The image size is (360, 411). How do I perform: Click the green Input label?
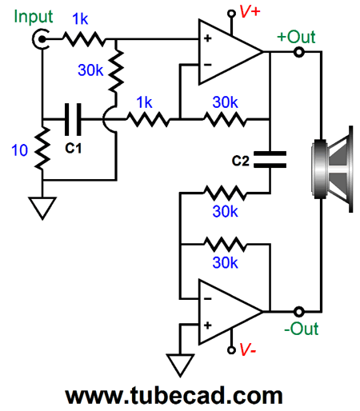[x=34, y=17]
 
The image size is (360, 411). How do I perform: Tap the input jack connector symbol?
[x=41, y=39]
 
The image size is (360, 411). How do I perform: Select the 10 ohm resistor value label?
[x=19, y=150]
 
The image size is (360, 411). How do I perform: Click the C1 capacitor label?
[x=73, y=148]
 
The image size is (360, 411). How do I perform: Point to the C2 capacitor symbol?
[x=270, y=159]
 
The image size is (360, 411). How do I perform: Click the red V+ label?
[x=250, y=11]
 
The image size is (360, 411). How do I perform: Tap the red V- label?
[x=248, y=349]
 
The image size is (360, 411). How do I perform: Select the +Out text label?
[x=296, y=37]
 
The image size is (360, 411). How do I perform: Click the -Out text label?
[x=302, y=329]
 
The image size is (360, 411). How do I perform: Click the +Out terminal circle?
[x=298, y=52]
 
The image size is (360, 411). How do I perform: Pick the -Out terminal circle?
[x=298, y=311]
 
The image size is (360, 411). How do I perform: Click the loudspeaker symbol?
[x=333, y=170]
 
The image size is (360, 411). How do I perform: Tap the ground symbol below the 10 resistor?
[x=42, y=208]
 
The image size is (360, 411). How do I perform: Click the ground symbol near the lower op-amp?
[x=180, y=365]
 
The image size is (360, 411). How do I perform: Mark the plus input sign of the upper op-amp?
[x=207, y=38]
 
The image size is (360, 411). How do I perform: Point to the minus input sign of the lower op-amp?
[x=207, y=299]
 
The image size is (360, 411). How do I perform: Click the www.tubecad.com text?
[x=174, y=396]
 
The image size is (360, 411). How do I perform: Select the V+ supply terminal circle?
[x=231, y=14]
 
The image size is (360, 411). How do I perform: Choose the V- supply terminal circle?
[x=231, y=350]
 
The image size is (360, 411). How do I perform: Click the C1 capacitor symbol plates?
[x=73, y=119]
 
